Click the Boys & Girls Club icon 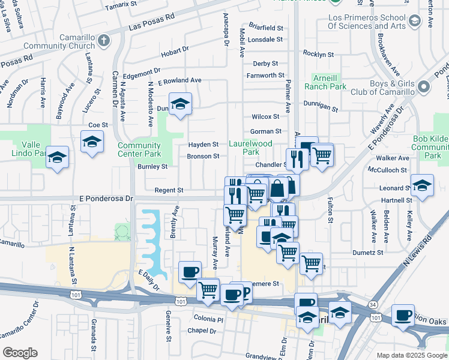[x=424, y=87]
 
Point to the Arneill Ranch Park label [x=329, y=82]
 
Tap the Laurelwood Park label [x=251, y=148]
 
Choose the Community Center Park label [x=139, y=149]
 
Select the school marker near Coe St [x=91, y=142]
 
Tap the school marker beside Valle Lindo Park [x=57, y=157]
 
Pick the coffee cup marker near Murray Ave [x=190, y=271]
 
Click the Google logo [x=20, y=352]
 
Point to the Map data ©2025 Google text [x=411, y=355]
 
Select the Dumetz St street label [x=368, y=253]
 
